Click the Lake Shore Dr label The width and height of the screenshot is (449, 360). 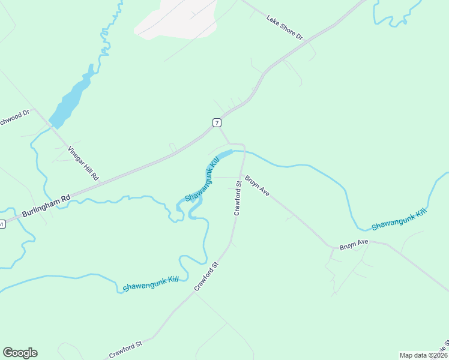286,27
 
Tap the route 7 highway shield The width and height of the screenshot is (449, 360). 217,122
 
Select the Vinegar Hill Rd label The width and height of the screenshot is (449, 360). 83,163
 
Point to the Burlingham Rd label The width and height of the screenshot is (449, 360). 46,205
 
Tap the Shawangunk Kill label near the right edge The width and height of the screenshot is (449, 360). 399,220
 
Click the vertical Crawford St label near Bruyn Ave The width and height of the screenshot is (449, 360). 237,202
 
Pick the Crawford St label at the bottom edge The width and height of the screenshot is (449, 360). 125,350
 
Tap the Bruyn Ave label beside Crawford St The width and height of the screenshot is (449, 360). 257,186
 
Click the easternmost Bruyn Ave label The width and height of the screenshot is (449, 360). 354,245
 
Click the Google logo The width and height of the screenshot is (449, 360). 20,353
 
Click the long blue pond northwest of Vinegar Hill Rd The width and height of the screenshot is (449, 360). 71,99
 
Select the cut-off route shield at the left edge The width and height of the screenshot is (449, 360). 2,224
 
